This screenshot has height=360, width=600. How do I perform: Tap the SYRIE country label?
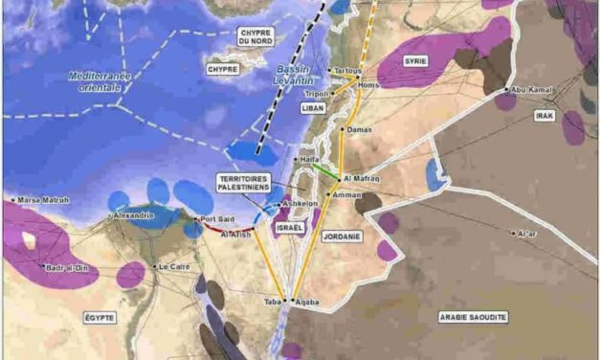414,61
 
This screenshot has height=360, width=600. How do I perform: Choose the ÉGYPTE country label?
98,317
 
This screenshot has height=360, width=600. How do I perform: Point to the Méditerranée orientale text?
95,80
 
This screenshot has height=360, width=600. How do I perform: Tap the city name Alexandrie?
134,215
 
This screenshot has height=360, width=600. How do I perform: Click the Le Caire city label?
175,266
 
